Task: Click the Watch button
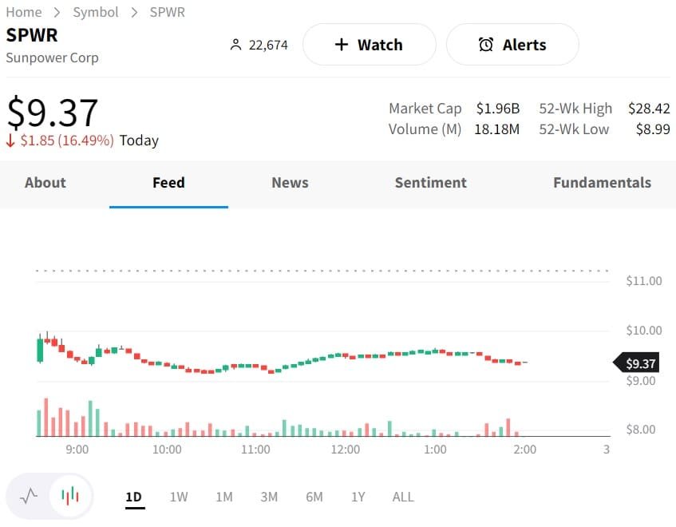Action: (369, 45)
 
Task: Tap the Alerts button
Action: (512, 45)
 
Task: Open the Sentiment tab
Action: (430, 183)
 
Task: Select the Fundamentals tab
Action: (602, 183)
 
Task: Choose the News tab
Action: (290, 183)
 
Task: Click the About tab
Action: (45, 183)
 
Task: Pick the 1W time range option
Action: (179, 497)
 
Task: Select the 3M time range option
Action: (269, 497)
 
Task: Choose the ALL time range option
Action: (403, 497)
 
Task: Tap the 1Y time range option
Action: (358, 497)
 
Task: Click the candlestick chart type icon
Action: (70, 496)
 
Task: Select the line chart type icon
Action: (29, 496)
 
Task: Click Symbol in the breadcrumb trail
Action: (96, 12)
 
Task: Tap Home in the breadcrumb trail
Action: (24, 12)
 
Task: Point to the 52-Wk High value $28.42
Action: (649, 109)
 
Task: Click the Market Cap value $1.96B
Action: (498, 109)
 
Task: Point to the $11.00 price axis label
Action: (644, 281)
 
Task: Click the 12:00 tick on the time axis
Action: (346, 450)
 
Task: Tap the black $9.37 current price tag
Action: (639, 364)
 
